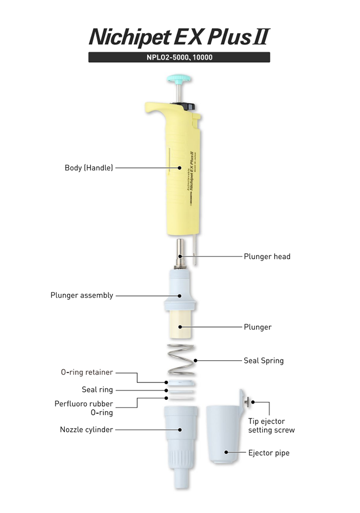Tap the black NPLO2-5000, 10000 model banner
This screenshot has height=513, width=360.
[x=179, y=58]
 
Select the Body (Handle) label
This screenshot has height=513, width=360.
[x=88, y=168]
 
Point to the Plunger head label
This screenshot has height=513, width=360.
[x=267, y=256]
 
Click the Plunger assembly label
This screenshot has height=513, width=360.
[x=82, y=296]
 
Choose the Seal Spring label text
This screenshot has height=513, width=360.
[x=263, y=360]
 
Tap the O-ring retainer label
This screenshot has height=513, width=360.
[x=86, y=372]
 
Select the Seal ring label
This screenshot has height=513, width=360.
[x=97, y=390]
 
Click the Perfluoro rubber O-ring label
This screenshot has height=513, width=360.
[x=84, y=408]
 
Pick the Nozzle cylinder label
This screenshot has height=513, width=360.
[x=86, y=429]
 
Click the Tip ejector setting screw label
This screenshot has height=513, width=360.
[x=272, y=426]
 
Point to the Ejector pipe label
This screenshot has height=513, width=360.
[x=268, y=453]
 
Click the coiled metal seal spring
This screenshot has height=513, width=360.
[x=179, y=360]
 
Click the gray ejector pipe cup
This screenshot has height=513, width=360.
[x=224, y=437]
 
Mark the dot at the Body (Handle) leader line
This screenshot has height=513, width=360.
[x=179, y=168]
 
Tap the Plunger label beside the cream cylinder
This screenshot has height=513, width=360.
[x=258, y=327]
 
